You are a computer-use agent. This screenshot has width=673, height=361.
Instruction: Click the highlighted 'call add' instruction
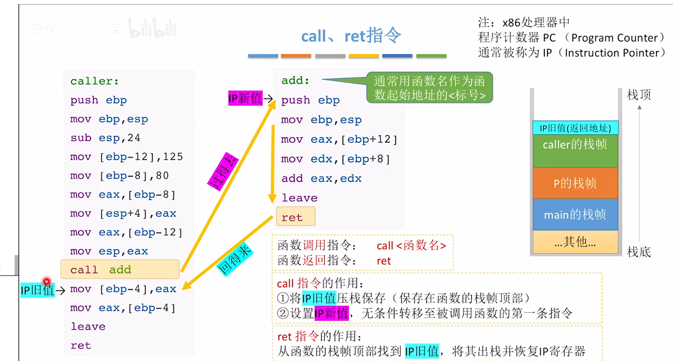pos(120,269)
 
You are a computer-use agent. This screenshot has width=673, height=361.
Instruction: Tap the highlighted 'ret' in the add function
pos(296,217)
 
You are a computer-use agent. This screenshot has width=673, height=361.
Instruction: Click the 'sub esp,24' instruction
pos(105,138)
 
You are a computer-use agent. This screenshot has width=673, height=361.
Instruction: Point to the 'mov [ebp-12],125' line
pos(126,157)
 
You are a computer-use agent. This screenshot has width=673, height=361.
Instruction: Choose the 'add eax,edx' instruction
pos(321,178)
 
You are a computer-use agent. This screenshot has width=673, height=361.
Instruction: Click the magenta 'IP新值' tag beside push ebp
pos(245,98)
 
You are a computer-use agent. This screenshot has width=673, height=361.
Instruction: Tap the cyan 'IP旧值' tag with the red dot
pos(38,290)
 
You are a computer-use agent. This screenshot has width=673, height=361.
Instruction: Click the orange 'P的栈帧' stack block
pos(575,183)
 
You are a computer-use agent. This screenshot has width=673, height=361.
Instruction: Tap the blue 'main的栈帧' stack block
pos(575,214)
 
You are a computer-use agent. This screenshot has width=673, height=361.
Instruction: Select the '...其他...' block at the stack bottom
pos(575,242)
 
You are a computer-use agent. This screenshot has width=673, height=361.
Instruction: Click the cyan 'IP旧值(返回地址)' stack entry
pos(575,128)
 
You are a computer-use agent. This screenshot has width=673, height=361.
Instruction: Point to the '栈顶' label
pos(639,94)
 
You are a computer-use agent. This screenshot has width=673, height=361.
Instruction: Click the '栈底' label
pos(639,252)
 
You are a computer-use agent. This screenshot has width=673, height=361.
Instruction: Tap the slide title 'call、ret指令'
pos(351,36)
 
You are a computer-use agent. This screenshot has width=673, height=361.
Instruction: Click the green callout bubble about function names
pos(429,87)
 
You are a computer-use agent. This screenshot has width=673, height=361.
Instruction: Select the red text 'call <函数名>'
pos(411,245)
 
